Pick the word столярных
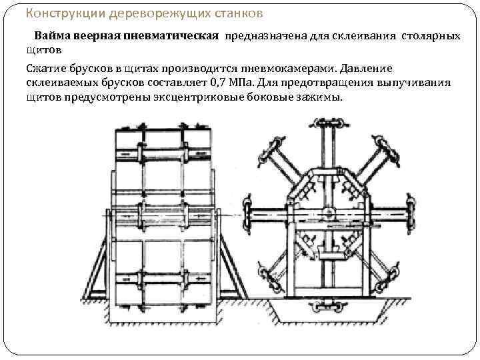click(x=430, y=37)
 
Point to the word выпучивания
click(x=419, y=83)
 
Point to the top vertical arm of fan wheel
click(x=327, y=143)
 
